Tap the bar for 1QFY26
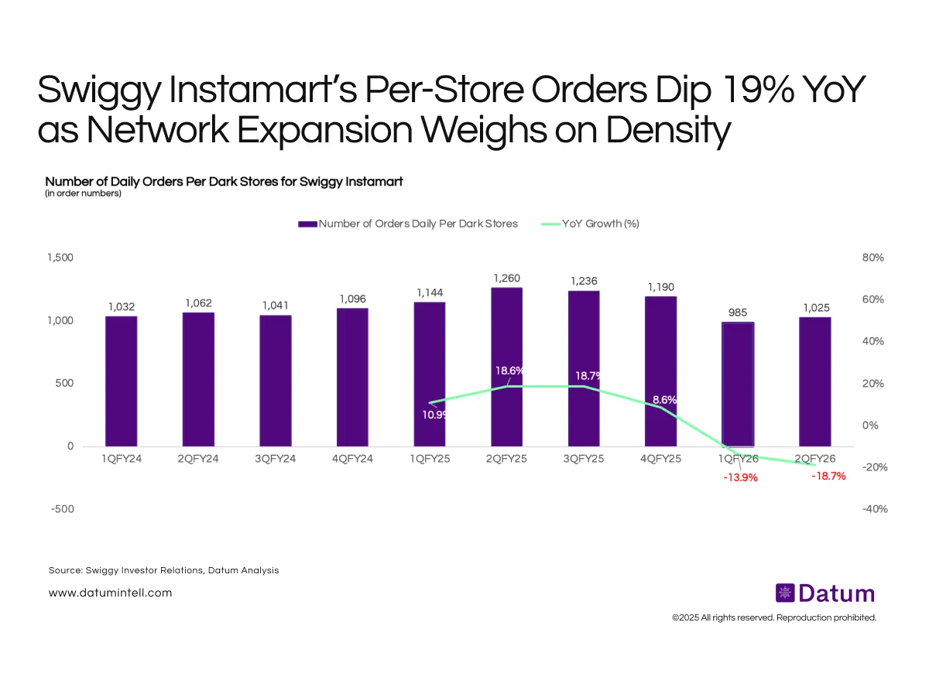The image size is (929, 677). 738,384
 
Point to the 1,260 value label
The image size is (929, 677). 506,277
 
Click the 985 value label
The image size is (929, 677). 738,312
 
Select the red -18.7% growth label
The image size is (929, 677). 828,477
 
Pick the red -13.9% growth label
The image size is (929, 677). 739,477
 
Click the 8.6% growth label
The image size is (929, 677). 664,400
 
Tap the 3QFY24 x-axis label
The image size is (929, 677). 275,458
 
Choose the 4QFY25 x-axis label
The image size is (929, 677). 660,458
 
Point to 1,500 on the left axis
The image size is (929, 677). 60,258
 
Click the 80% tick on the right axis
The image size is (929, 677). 873,258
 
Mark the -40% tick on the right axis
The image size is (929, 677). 872,509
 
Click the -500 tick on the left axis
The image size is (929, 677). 62,509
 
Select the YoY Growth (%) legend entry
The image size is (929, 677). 589,224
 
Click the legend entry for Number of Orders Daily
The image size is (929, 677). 408,224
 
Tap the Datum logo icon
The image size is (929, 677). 785,593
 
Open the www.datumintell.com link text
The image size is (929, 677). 110,593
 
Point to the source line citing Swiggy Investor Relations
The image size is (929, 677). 163,570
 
